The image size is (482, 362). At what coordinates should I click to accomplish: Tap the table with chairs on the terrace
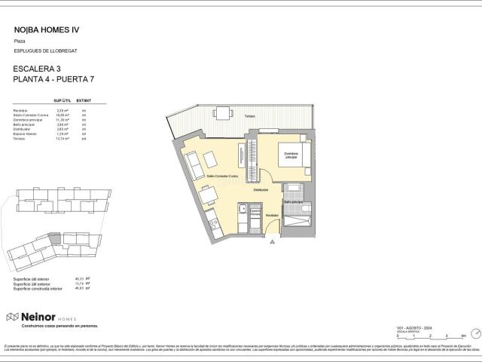pos(224,113)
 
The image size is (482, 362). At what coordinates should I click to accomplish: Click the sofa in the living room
pos(192,161)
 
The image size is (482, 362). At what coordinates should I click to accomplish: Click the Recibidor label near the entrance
pos(271,216)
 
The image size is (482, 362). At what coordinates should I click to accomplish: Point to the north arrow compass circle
pos(474,333)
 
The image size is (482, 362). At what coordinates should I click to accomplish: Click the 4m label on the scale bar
pos(461,336)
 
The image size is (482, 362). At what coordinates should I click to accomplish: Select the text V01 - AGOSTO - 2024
pos(413,327)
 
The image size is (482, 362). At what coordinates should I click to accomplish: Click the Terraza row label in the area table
pos(20,139)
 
